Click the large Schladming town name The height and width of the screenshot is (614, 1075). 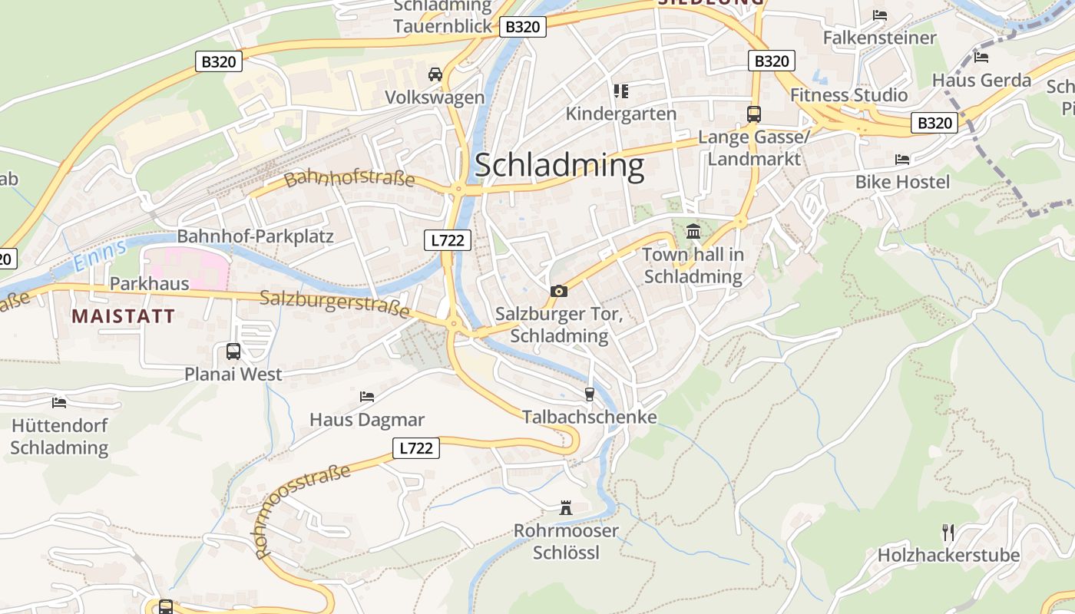tap(559, 166)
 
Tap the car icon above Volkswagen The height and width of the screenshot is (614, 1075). tap(435, 74)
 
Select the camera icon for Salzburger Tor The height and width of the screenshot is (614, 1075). tap(559, 291)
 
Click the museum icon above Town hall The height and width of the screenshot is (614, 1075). tap(693, 230)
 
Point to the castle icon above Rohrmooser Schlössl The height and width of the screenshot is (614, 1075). tap(566, 507)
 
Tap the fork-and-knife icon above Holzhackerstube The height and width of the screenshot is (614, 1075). tap(948, 532)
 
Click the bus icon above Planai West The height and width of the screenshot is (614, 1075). tap(233, 352)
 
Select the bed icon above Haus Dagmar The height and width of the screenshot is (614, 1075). tap(367, 396)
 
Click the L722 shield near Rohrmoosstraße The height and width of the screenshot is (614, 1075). tap(416, 448)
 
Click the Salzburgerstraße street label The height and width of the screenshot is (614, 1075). tap(335, 304)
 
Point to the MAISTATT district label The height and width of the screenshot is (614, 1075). tap(123, 315)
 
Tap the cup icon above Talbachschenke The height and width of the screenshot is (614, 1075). tap(589, 394)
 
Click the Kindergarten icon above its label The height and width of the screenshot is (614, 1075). tap(621, 91)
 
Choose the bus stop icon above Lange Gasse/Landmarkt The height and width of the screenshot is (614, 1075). tap(754, 114)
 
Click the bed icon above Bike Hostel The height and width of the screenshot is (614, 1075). tap(902, 159)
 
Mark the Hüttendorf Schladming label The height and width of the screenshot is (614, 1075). tap(59, 436)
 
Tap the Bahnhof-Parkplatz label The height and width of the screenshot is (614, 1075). tap(256, 236)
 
